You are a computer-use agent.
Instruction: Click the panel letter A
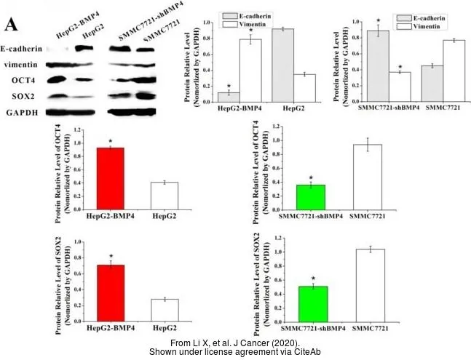11,25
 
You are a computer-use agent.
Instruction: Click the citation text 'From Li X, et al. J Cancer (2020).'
235,342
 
